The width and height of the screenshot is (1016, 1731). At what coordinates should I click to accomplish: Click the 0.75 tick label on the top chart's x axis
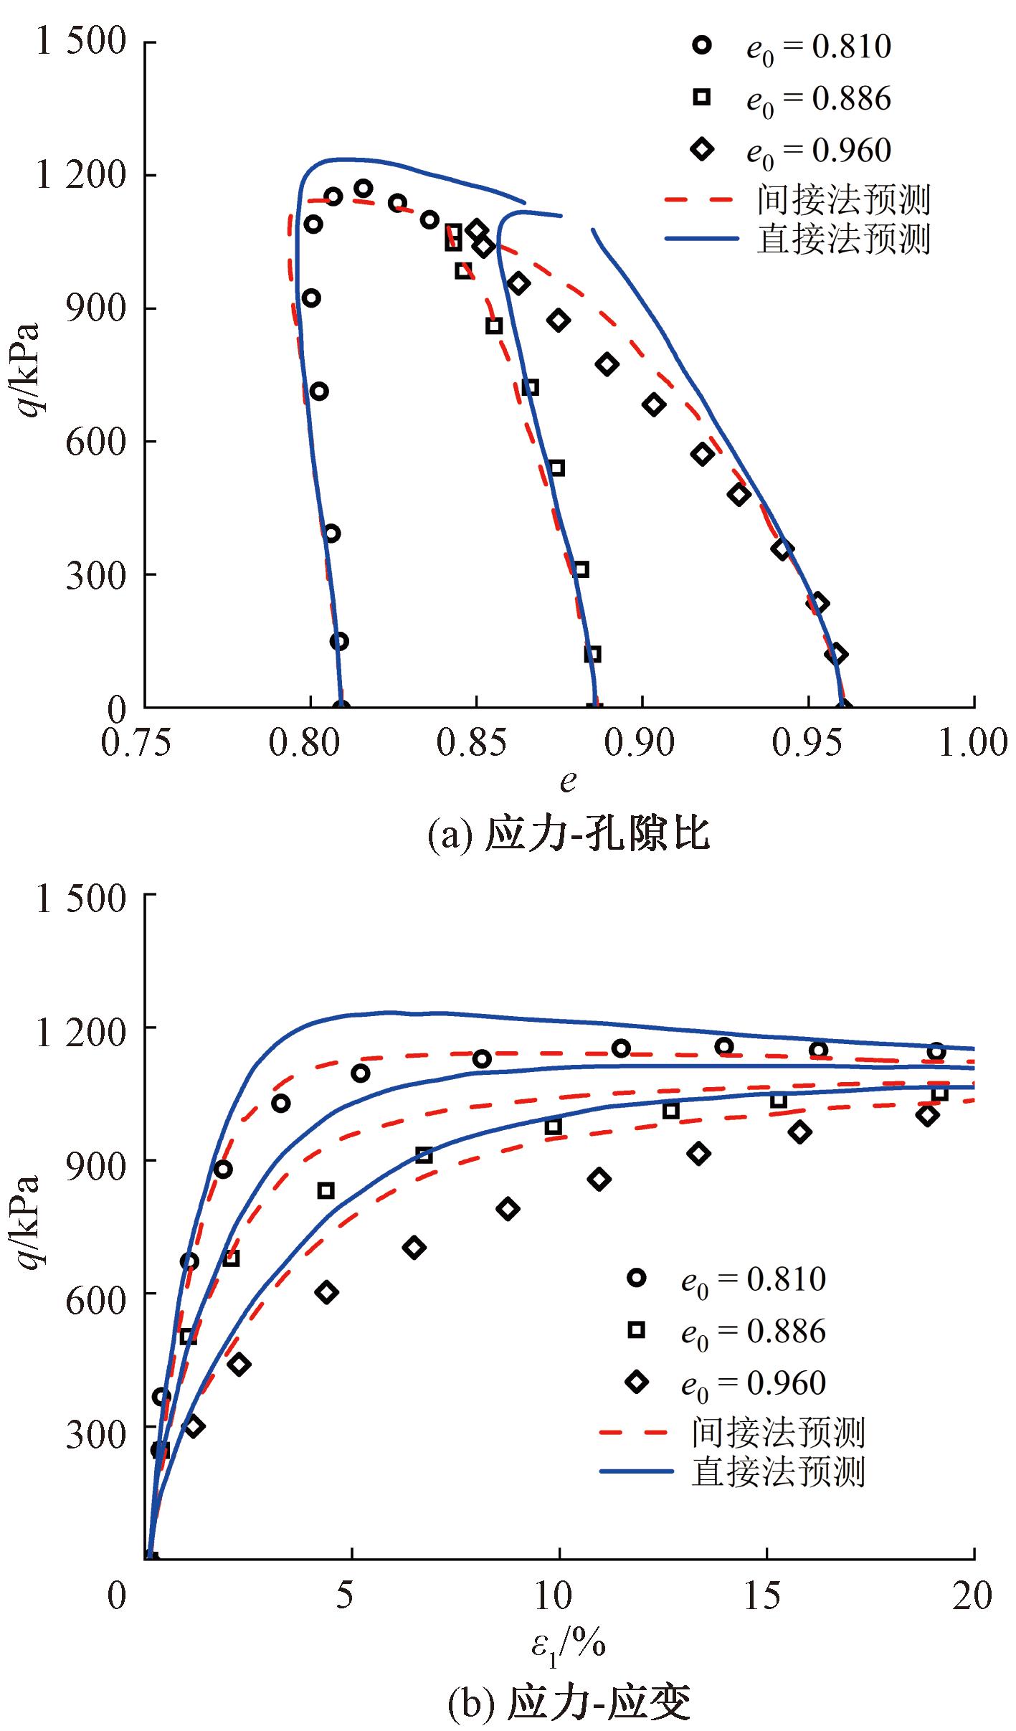point(136,743)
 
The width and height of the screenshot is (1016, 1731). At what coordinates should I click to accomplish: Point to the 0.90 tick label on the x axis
point(639,743)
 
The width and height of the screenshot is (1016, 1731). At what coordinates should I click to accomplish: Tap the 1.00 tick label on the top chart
point(972,743)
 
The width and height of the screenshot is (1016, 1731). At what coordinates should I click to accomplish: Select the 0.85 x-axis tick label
point(472,743)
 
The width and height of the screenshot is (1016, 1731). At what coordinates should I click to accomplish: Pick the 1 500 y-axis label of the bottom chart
point(81,898)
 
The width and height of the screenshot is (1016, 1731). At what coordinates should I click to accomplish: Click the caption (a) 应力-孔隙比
point(568,834)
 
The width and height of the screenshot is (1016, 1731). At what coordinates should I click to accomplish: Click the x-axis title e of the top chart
point(568,782)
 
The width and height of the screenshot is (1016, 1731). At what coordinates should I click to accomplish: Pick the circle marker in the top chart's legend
point(702,45)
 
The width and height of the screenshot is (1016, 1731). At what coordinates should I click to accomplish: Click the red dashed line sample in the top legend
point(700,199)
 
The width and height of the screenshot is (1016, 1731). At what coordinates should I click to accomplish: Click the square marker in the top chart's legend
point(702,97)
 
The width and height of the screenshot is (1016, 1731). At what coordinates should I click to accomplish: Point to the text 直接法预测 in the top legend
point(843,240)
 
